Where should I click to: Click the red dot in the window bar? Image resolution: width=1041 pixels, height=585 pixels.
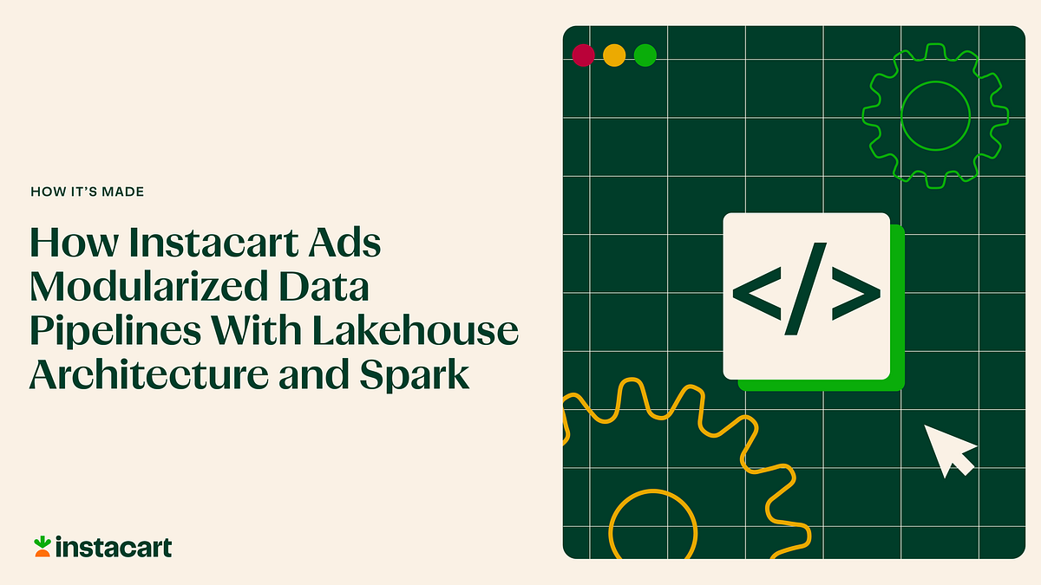pos(583,55)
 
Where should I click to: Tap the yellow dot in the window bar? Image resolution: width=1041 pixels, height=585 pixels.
pos(614,55)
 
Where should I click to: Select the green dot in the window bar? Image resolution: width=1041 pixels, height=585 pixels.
pos(645,55)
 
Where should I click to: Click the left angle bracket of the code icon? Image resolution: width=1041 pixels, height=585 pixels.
pos(758,297)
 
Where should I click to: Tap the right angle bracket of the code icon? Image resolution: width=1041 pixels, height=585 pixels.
pos(854,297)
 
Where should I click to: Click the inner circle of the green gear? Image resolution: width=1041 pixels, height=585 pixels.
pos(935,115)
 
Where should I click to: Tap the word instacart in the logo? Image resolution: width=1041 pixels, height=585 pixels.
pos(113,548)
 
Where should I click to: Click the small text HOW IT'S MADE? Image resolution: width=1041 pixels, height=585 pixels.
pos(87,192)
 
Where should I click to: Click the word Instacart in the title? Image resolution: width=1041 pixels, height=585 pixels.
pos(206,244)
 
